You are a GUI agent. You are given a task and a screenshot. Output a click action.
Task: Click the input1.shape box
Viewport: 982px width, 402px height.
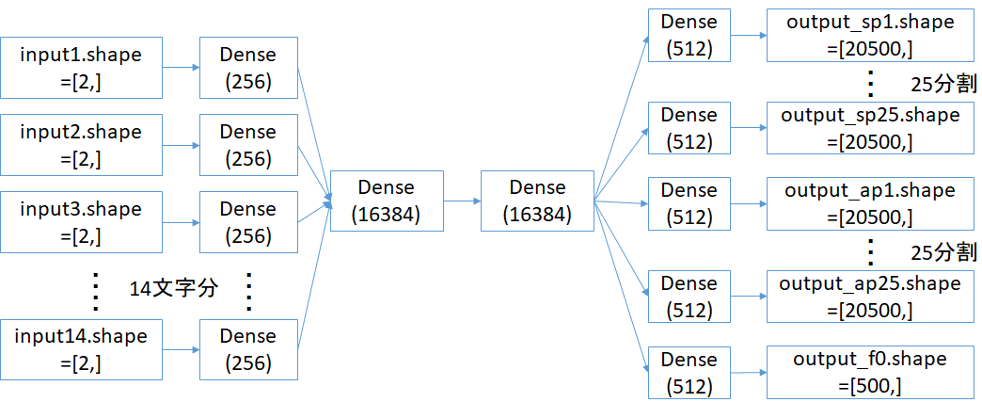click(x=81, y=68)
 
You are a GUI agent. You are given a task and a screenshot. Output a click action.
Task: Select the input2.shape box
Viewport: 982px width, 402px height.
click(x=81, y=145)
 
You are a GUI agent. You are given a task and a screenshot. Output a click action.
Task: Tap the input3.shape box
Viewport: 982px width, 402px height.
click(x=81, y=222)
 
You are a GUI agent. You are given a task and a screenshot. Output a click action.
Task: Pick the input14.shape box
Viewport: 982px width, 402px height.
click(x=81, y=349)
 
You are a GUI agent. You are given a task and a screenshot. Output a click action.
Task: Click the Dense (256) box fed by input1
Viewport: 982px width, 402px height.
click(x=248, y=68)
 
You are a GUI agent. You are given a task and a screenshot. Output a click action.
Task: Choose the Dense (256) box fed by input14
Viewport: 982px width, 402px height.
click(x=248, y=349)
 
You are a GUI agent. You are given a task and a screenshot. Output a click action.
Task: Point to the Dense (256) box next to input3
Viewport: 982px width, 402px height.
click(x=248, y=222)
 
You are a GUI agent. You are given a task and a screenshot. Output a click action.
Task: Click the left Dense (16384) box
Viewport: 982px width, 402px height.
click(x=386, y=201)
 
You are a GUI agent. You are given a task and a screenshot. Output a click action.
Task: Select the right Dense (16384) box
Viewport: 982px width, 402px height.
click(x=536, y=201)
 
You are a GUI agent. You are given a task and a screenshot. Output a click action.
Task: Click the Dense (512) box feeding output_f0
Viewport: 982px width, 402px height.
click(x=689, y=373)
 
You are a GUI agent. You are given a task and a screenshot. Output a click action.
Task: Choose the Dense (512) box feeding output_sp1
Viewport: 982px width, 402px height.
click(x=689, y=35)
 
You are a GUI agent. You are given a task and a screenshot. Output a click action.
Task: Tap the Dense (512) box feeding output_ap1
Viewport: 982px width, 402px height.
click(x=689, y=203)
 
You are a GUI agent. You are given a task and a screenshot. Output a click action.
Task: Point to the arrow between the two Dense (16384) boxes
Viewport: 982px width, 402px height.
click(x=461, y=201)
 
